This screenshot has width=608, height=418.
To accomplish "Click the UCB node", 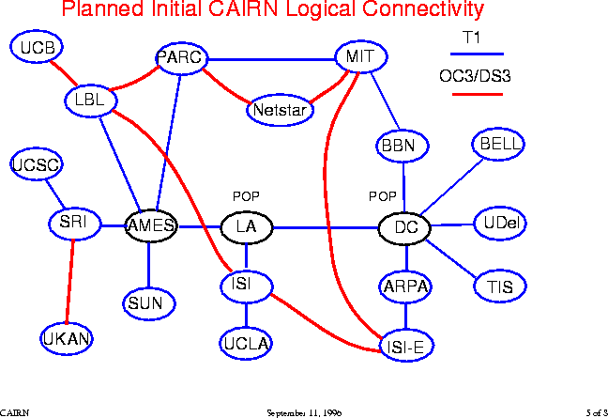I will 37,47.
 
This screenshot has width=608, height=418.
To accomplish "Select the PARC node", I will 180,58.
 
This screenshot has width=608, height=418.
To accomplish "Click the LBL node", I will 89,100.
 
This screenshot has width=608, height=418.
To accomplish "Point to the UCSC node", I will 37,166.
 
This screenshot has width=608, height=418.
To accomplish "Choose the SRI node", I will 73,224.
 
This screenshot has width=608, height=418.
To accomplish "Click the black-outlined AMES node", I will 151,226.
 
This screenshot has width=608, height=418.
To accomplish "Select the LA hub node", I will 246,227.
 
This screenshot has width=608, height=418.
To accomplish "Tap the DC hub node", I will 405,227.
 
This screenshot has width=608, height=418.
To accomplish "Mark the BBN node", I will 403,146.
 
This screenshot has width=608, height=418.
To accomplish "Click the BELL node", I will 497,144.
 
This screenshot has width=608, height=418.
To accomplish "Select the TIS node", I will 494,286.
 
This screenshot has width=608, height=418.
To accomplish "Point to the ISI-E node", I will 406,347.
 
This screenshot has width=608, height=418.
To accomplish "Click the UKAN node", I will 67,339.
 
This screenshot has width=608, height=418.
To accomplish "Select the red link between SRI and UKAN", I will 69,282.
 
